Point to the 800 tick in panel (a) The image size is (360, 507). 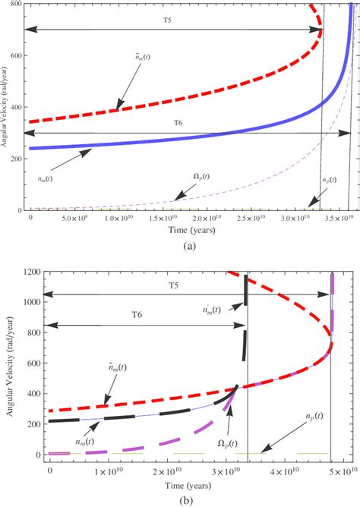[14, 5]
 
